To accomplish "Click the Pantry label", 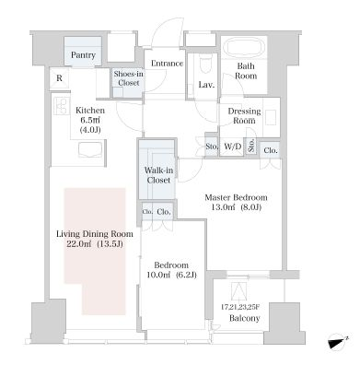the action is [x=83, y=55].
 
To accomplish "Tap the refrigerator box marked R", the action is [x=59, y=78].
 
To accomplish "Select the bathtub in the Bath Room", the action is [x=244, y=47].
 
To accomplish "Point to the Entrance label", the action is [x=168, y=64].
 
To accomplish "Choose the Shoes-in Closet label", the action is [x=129, y=78].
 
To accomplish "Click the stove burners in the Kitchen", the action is [x=61, y=106].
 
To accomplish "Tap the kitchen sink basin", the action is [x=90, y=150].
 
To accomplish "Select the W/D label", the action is [x=233, y=147].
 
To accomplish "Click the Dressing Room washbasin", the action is [x=271, y=117].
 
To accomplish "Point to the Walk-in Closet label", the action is [x=158, y=175].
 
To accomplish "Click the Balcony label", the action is [x=245, y=318].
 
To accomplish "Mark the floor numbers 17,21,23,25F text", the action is [x=240, y=307].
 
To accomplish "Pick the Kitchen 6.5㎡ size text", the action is [x=90, y=120].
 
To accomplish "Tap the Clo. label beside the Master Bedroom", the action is [x=271, y=150].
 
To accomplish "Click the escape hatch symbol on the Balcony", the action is [x=239, y=291].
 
